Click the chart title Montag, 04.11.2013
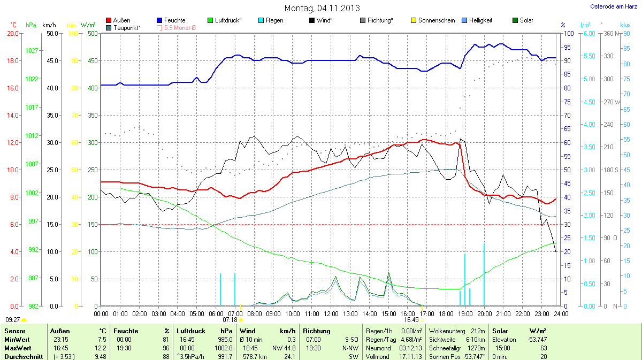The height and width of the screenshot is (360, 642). (x=322, y=8)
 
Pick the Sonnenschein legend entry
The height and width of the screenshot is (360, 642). (x=433, y=20)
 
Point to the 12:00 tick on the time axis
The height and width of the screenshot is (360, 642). (x=331, y=313)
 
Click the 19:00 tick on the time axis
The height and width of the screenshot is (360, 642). (x=465, y=313)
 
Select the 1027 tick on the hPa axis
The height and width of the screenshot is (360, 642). (x=32, y=51)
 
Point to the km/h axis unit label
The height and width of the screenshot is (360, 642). (x=49, y=25)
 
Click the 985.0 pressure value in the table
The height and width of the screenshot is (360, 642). (x=223, y=340)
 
